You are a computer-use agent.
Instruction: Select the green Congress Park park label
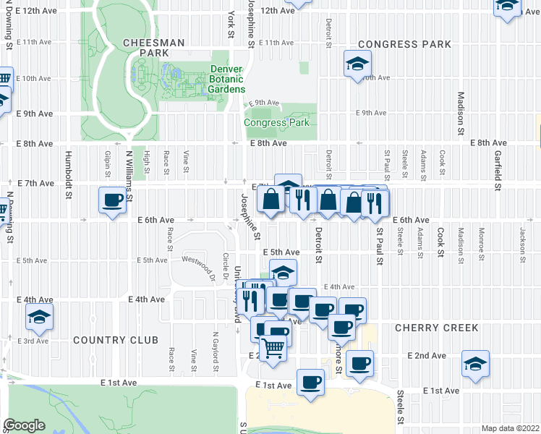pos(276,122)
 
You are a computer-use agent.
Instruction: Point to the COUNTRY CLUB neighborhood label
pos(115,340)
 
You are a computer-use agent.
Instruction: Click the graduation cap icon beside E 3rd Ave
pos(39,316)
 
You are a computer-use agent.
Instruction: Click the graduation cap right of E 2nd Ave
pos(475,363)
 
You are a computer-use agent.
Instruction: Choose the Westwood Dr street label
pos(199,259)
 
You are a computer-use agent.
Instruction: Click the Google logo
pos(24,425)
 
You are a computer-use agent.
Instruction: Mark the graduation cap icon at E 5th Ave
pos(284,273)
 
